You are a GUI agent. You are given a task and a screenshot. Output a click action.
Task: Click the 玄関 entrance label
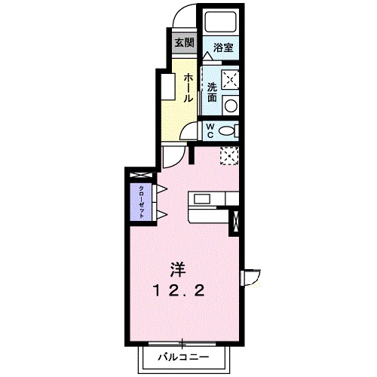(x=183, y=42)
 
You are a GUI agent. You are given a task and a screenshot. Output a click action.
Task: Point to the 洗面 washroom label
(x=213, y=91)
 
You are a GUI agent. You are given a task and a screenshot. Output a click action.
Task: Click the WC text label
(x=211, y=129)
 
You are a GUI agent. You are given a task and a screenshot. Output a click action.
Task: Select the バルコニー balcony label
(x=181, y=354)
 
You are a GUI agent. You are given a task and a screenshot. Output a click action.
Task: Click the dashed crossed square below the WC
(x=229, y=155)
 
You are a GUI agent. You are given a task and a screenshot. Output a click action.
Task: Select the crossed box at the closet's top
(x=141, y=176)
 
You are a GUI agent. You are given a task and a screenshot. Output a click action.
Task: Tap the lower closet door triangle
(x=160, y=215)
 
